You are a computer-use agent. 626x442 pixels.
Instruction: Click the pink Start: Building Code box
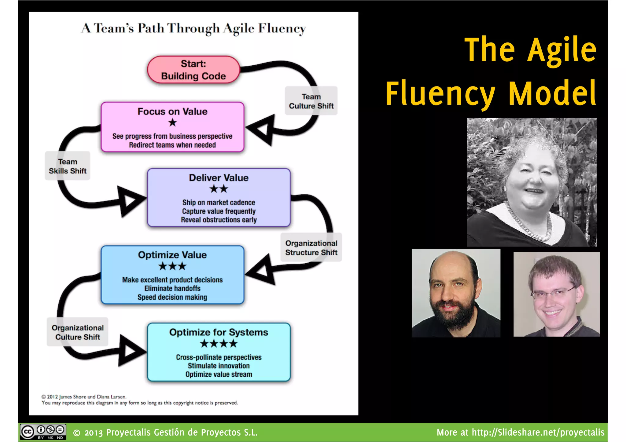193,70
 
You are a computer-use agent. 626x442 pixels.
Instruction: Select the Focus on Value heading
172,111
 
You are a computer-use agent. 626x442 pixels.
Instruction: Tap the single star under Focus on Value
172,122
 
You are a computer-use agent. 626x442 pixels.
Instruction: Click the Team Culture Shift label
311,101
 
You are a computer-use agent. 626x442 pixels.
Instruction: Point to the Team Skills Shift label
68,166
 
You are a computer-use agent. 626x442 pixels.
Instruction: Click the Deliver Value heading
219,178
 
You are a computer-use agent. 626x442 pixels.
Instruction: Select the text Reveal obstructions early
219,220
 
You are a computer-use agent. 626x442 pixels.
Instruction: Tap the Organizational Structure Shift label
311,248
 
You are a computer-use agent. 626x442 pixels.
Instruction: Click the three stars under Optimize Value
172,266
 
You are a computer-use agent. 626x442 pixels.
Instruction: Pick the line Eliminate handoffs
172,289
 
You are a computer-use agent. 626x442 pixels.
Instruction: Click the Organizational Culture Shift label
78,332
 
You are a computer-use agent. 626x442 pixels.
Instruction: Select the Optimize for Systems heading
219,332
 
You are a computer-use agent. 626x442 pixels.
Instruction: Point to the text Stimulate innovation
219,366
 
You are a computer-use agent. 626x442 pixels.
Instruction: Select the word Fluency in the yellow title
440,93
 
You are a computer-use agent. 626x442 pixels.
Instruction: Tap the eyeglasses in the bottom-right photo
553,294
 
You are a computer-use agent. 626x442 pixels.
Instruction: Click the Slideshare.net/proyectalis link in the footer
538,433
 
